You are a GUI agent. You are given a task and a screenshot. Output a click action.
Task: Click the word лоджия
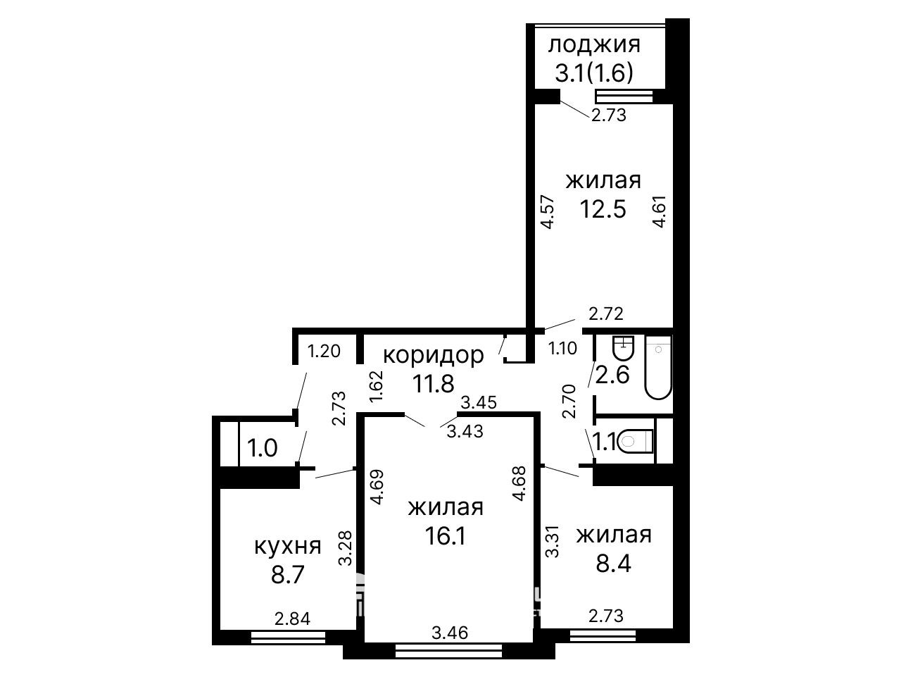(x=594, y=46)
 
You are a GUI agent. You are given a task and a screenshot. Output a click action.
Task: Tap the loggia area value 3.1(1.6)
(x=594, y=73)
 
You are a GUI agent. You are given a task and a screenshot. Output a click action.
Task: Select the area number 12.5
(x=603, y=209)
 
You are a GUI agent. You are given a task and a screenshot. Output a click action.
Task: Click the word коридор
(x=434, y=355)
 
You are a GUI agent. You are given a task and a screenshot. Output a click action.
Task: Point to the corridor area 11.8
(x=433, y=383)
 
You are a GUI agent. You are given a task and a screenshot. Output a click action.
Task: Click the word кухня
(x=287, y=547)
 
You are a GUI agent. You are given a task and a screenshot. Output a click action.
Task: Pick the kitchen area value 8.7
(x=287, y=574)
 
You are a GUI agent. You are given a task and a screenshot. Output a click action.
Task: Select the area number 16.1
(x=446, y=535)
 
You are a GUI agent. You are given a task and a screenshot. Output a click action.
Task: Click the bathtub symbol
(x=658, y=367)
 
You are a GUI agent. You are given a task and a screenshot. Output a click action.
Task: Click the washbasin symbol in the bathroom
(x=624, y=348)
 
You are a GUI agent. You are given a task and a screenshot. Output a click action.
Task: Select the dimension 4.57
(x=548, y=212)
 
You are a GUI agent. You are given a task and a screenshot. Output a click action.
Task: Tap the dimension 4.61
(x=660, y=211)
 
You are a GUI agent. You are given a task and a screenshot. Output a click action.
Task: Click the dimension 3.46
(x=450, y=644)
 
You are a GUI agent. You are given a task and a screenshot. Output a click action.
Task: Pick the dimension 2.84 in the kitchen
(x=292, y=619)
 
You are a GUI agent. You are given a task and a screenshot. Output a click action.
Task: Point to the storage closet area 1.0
(x=262, y=448)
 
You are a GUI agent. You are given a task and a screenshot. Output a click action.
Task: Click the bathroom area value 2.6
(x=612, y=374)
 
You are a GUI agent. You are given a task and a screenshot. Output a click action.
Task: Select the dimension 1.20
(x=324, y=352)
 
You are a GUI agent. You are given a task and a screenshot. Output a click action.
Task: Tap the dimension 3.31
(x=552, y=541)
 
